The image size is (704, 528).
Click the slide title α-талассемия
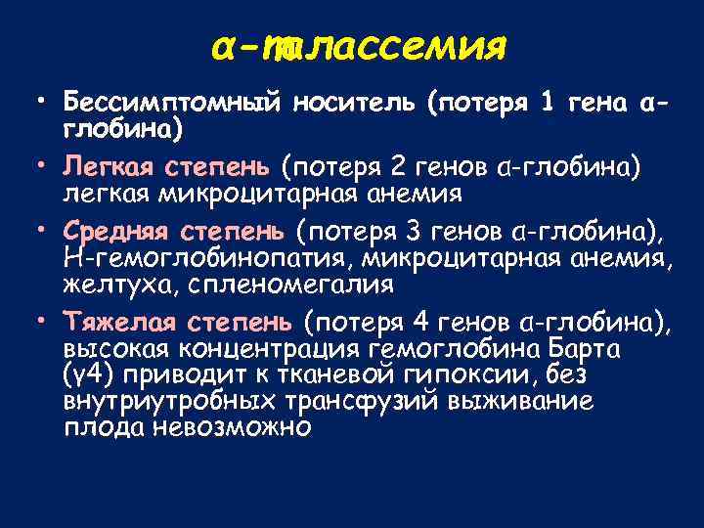359,46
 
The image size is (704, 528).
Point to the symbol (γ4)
85,376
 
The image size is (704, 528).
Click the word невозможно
233,428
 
